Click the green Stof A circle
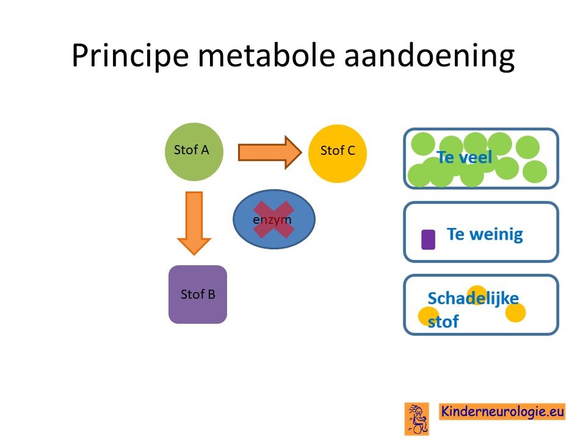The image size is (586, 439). (194, 152)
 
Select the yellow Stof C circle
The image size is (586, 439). (338, 154)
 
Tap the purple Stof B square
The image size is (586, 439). (198, 294)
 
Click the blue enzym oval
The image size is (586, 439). (274, 219)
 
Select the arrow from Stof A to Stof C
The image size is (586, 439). (270, 152)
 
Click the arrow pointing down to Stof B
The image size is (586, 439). (194, 223)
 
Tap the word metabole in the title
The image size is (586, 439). (266, 55)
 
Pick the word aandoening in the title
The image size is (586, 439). (429, 56)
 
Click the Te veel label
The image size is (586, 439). (464, 157)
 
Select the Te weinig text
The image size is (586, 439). (485, 235)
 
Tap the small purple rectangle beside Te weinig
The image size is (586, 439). (429, 239)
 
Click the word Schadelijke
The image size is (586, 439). (473, 299)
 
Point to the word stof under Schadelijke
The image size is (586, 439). (443, 321)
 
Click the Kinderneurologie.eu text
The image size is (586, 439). (502, 412)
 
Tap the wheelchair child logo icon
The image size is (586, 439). (417, 419)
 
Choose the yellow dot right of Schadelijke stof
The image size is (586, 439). (516, 312)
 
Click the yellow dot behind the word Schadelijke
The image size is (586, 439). (477, 296)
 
